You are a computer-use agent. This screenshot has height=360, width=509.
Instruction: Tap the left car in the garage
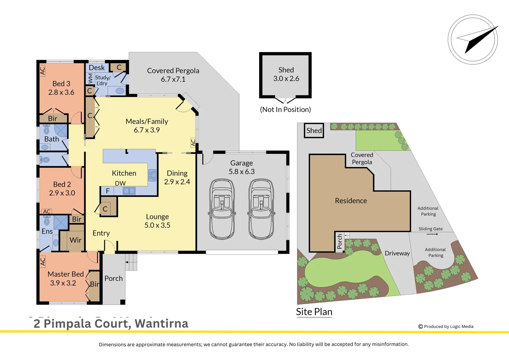click(x=222, y=209)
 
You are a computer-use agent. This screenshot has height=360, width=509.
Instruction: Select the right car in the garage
click(x=261, y=209)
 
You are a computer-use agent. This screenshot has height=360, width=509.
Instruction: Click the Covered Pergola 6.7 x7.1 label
click(x=173, y=75)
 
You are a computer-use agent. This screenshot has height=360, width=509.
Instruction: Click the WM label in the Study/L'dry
click(x=90, y=79)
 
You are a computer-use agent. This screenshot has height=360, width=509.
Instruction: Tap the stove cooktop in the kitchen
click(x=152, y=175)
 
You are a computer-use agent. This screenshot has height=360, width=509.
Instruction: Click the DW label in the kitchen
click(x=120, y=183)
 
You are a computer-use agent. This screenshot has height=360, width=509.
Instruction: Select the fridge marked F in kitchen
click(x=108, y=191)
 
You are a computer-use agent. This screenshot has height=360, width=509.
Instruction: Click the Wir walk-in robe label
click(x=76, y=240)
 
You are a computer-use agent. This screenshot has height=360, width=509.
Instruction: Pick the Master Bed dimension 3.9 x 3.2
click(x=63, y=283)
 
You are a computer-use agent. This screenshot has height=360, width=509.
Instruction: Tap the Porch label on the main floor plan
click(x=114, y=278)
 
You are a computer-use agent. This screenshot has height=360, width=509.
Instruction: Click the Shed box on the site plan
click(x=314, y=131)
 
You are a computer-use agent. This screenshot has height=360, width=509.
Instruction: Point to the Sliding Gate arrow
click(x=432, y=234)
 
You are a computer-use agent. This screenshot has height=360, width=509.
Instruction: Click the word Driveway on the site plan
click(x=397, y=253)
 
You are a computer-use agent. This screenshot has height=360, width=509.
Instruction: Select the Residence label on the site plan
click(x=351, y=201)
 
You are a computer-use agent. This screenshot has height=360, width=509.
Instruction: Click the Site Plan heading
click(x=314, y=312)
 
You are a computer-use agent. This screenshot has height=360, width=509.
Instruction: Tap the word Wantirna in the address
click(x=162, y=323)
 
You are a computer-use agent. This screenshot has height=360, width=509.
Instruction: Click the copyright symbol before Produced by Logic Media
click(x=420, y=327)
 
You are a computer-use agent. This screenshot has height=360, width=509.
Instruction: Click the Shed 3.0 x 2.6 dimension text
click(x=286, y=79)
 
